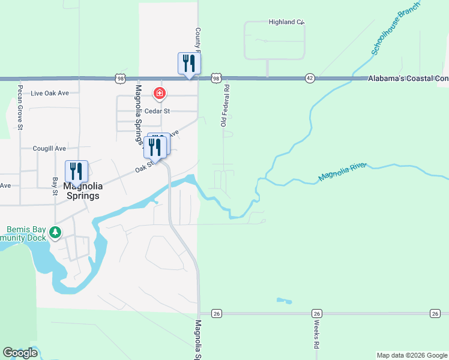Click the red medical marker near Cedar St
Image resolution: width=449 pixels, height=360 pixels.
160,93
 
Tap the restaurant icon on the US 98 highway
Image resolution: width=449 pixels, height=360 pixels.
189,64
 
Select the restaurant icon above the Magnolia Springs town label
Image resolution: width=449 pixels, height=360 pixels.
76,171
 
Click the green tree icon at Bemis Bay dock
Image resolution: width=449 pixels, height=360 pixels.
55,232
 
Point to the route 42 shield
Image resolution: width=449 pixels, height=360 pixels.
310,78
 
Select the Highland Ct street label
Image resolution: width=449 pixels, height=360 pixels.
287,22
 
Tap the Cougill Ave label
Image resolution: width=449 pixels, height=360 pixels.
50,148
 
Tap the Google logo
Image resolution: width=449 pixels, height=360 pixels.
20,353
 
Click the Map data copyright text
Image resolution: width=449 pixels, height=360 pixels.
412,355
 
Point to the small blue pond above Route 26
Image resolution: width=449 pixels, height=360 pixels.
283,300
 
